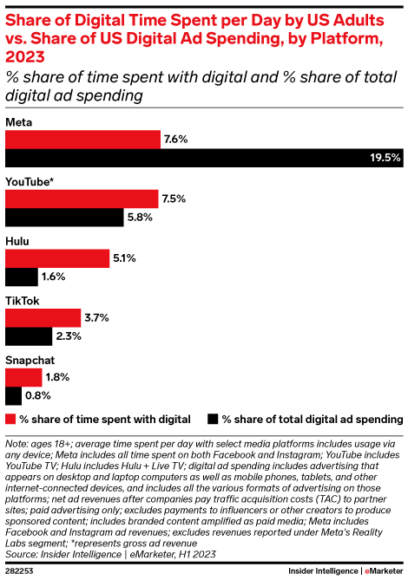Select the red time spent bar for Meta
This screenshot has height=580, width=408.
[x=83, y=139]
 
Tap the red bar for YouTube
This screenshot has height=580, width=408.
[x=82, y=199]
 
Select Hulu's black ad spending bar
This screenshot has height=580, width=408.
[x=22, y=277]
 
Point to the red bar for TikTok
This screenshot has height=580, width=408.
[x=43, y=318]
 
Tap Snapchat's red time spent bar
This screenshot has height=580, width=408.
[x=24, y=377]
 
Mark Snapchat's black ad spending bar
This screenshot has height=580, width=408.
[x=14, y=396]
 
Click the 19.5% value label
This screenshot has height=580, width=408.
[x=385, y=158]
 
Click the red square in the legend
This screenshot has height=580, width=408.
[x=10, y=419]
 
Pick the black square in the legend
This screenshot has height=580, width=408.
[x=213, y=419]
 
